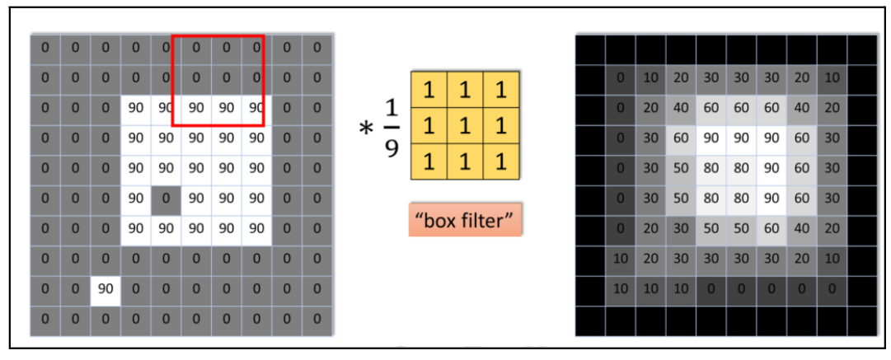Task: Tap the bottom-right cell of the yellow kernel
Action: point(499,161)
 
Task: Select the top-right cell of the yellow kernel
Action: point(499,90)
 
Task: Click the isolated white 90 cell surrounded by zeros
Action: point(106,288)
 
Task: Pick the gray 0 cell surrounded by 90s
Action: point(166,198)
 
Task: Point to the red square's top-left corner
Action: point(172,36)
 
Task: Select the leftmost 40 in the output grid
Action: point(681,107)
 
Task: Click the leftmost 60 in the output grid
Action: point(681,138)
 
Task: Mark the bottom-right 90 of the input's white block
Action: point(256,228)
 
